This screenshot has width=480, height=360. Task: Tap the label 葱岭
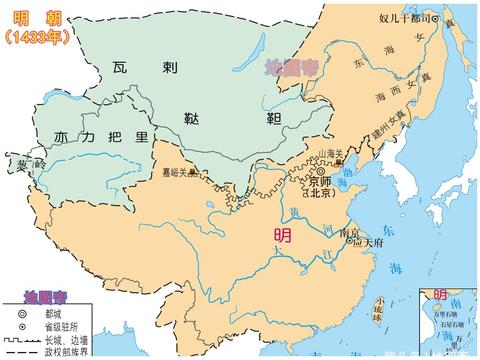point(18,163)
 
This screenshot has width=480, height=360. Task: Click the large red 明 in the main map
point(285,237)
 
